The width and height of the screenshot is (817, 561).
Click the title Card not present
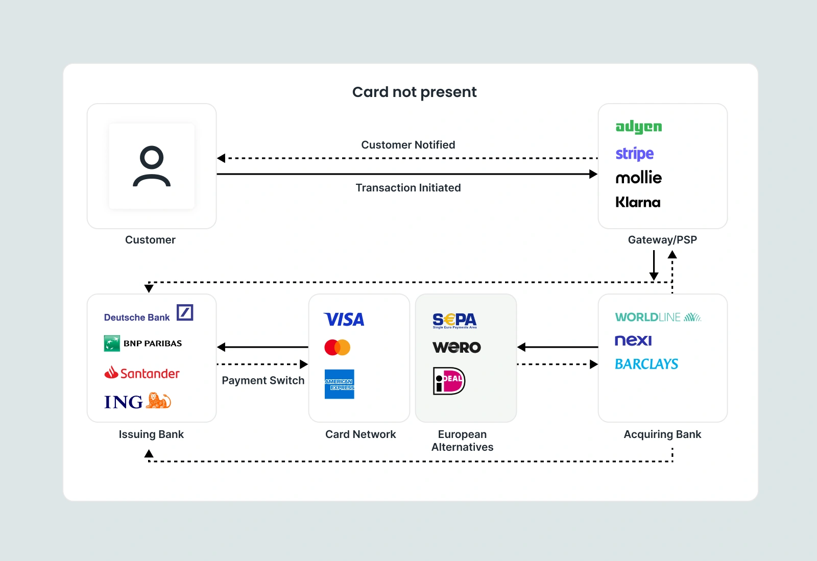414,92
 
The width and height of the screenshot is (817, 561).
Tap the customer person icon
152,166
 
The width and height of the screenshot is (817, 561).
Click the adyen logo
638,127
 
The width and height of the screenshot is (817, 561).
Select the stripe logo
634,153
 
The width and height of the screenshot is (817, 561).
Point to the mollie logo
638,178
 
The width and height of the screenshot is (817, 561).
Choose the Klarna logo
638,202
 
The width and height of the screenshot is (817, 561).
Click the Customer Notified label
408,145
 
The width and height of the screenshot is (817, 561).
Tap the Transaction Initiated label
408,188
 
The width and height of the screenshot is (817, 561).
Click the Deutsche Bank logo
148,314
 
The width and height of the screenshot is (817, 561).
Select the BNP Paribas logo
143,344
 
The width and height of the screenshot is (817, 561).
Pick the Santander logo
142,373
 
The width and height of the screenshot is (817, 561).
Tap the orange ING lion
159,401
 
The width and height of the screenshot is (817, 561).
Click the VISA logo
344,320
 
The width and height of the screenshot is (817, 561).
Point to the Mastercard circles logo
337,347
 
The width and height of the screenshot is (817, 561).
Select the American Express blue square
339,384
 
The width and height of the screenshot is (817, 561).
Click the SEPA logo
454,320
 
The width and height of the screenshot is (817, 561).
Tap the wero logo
456,348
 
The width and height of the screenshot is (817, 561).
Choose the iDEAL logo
449,381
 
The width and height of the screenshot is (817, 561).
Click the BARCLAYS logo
646,364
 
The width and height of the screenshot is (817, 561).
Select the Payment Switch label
263,381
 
